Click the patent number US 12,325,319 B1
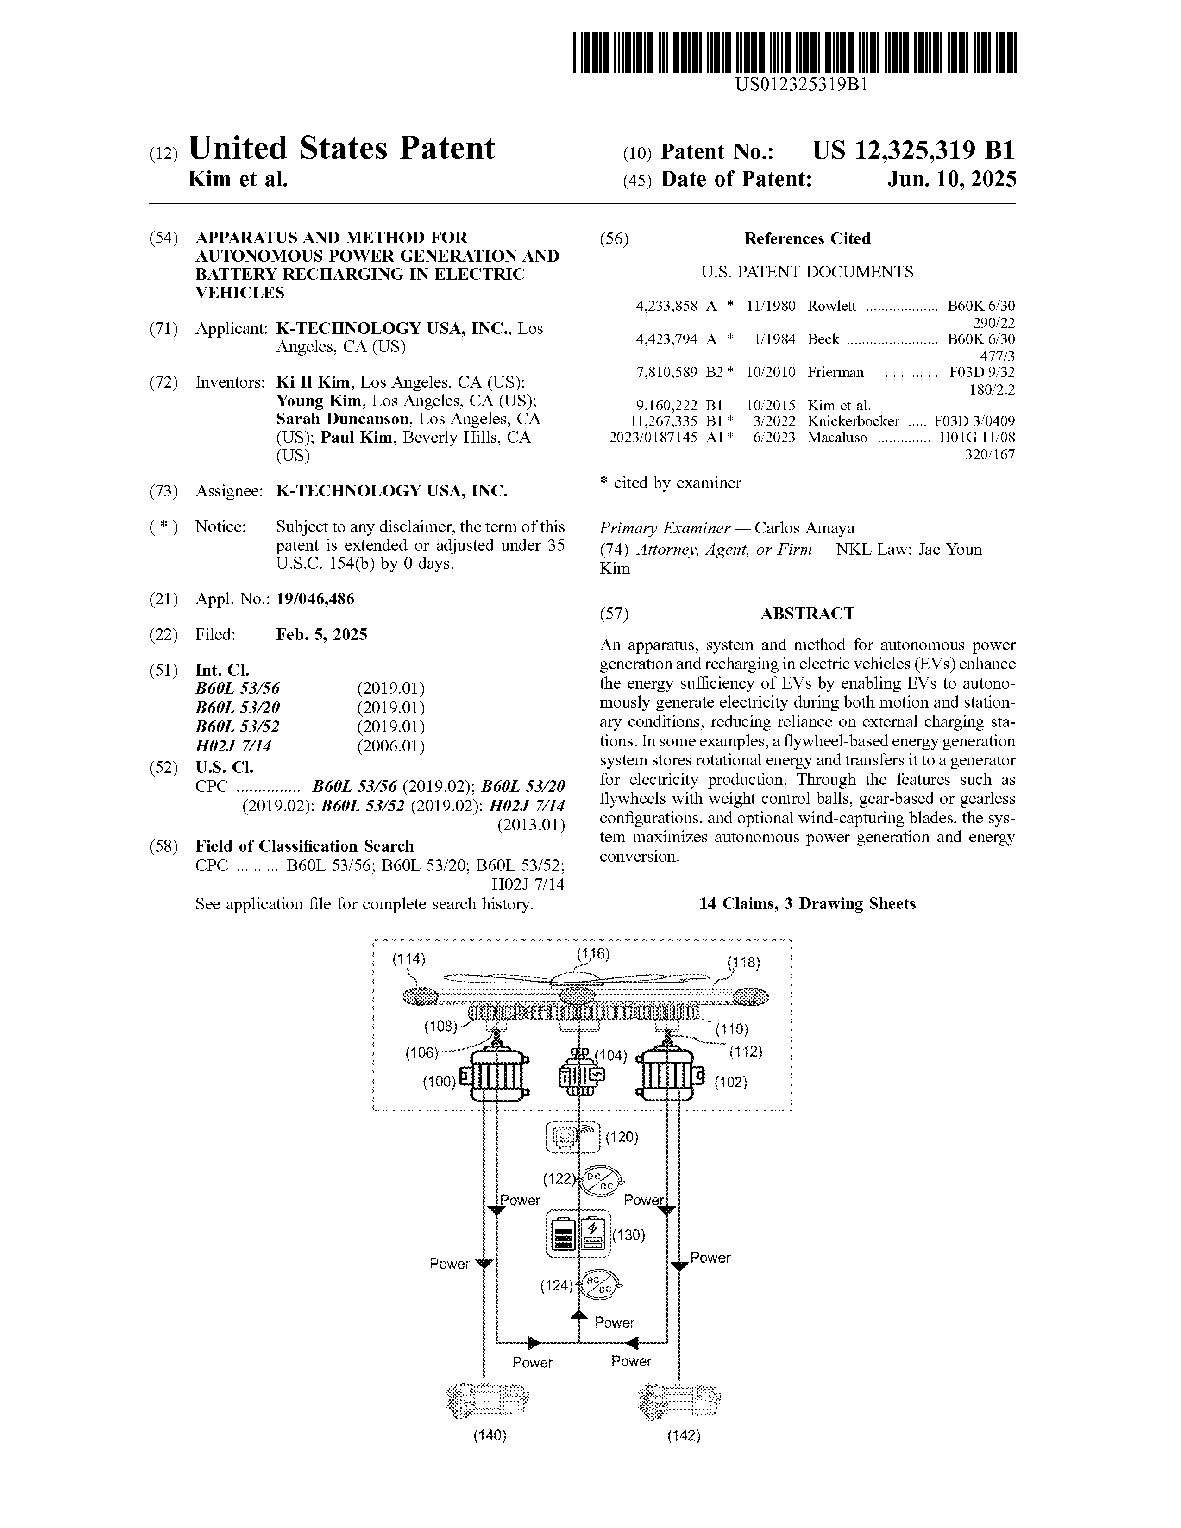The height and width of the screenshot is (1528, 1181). click(912, 150)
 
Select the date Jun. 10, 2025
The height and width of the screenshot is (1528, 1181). click(952, 179)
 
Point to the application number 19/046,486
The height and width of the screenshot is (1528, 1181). click(315, 599)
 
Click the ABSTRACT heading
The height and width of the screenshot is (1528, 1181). click(807, 614)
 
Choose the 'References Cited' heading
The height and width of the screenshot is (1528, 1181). click(807, 238)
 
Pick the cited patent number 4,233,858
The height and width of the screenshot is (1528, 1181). click(666, 306)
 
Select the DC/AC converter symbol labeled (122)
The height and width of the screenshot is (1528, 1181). click(600, 1180)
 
